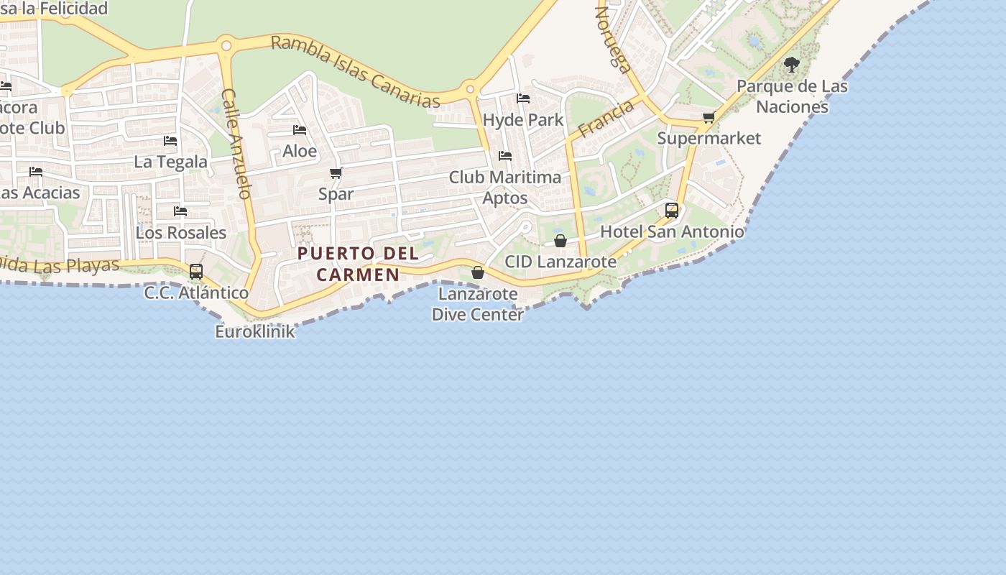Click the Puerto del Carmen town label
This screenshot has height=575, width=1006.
(358, 264)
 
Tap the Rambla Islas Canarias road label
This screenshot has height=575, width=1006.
(355, 71)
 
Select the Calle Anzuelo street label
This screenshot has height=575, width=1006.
(236, 144)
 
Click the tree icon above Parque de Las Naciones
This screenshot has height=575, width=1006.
(792, 65)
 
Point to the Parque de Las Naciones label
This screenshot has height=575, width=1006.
(792, 96)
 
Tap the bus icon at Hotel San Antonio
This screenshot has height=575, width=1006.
(672, 210)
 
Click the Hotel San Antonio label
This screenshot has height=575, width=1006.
(672, 231)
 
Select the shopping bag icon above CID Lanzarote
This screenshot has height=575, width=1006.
(560, 241)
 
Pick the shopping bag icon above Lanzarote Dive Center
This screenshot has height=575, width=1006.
(478, 272)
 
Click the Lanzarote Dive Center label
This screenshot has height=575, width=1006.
(478, 304)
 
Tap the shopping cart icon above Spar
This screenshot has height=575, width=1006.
(336, 172)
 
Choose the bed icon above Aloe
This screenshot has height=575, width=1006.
(300, 130)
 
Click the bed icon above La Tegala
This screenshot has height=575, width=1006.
(170, 140)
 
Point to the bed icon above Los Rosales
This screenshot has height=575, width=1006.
(180, 211)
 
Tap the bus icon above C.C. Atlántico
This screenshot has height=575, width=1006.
(195, 272)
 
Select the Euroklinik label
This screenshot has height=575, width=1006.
(255, 331)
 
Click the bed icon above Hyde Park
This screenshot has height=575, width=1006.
(523, 98)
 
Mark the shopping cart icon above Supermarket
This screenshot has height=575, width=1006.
(709, 117)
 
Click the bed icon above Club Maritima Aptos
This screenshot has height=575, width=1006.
(505, 155)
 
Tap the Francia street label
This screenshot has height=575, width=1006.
(606, 118)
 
